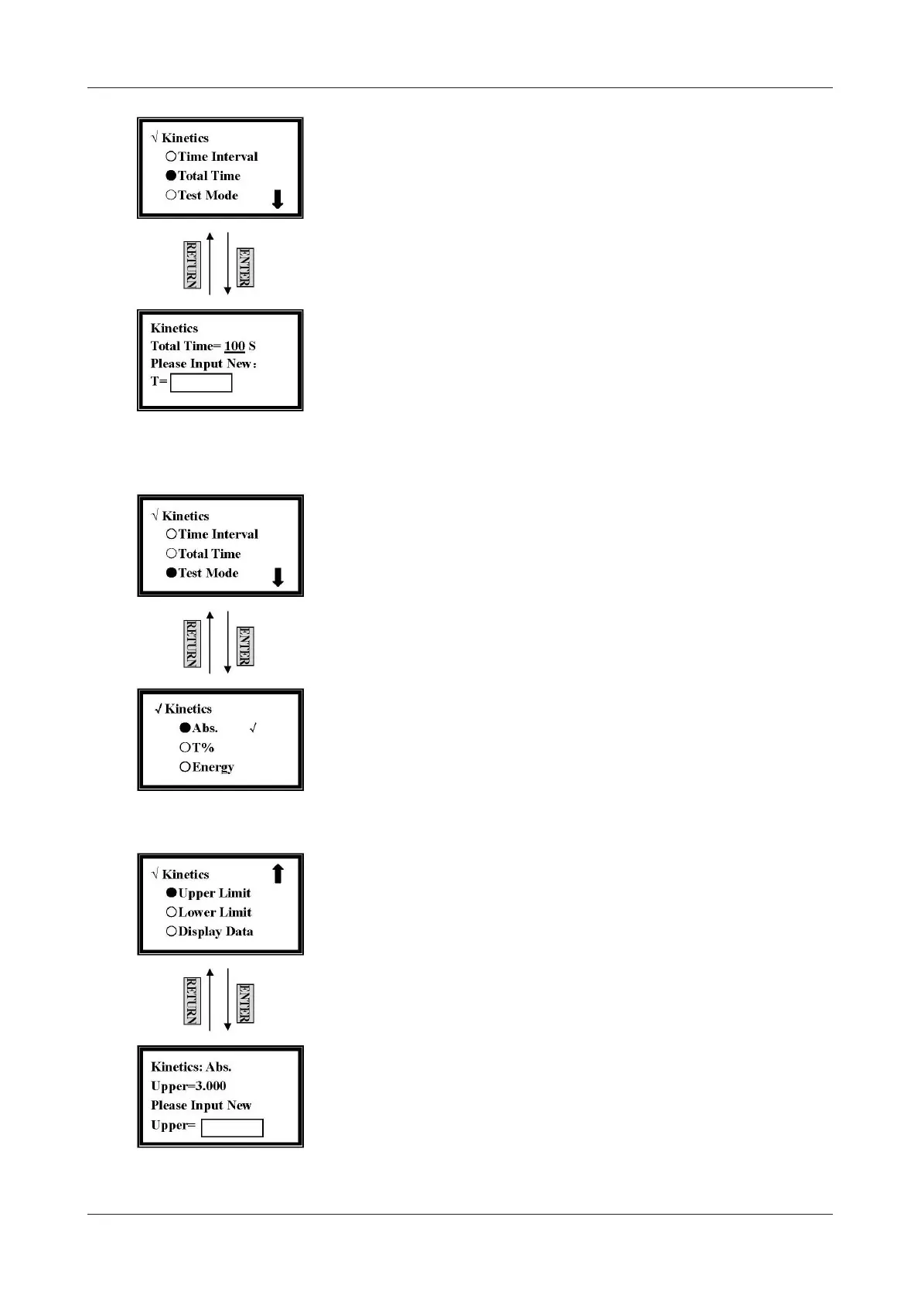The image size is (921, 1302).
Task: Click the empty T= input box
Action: tap(201, 383)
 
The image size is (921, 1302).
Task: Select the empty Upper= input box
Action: tap(232, 1128)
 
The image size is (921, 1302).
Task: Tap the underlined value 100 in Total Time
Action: tap(234, 346)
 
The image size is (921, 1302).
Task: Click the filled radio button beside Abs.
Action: tap(185, 728)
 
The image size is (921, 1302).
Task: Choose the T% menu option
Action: tap(203, 748)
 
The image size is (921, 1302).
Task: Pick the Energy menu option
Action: tap(213, 767)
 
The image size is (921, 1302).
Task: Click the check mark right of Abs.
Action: tap(253, 728)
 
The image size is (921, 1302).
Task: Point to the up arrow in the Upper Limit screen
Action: tap(278, 874)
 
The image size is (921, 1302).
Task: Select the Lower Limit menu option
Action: tap(214, 912)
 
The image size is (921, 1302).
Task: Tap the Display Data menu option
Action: tap(215, 932)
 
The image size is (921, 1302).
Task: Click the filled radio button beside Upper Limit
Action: tap(171, 893)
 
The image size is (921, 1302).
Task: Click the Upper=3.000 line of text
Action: tap(188, 1086)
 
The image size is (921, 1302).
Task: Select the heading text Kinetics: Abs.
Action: tap(191, 1067)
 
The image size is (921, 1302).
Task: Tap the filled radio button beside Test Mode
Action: tap(171, 573)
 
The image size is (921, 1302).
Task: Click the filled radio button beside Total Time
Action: tap(171, 176)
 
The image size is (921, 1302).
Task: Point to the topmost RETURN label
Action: tap(192, 264)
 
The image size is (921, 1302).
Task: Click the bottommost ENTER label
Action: tap(245, 1003)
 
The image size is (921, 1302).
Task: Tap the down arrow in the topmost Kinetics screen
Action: tap(278, 199)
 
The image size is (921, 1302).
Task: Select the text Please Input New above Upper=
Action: tap(201, 1106)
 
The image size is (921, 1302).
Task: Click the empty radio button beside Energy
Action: tap(185, 767)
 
